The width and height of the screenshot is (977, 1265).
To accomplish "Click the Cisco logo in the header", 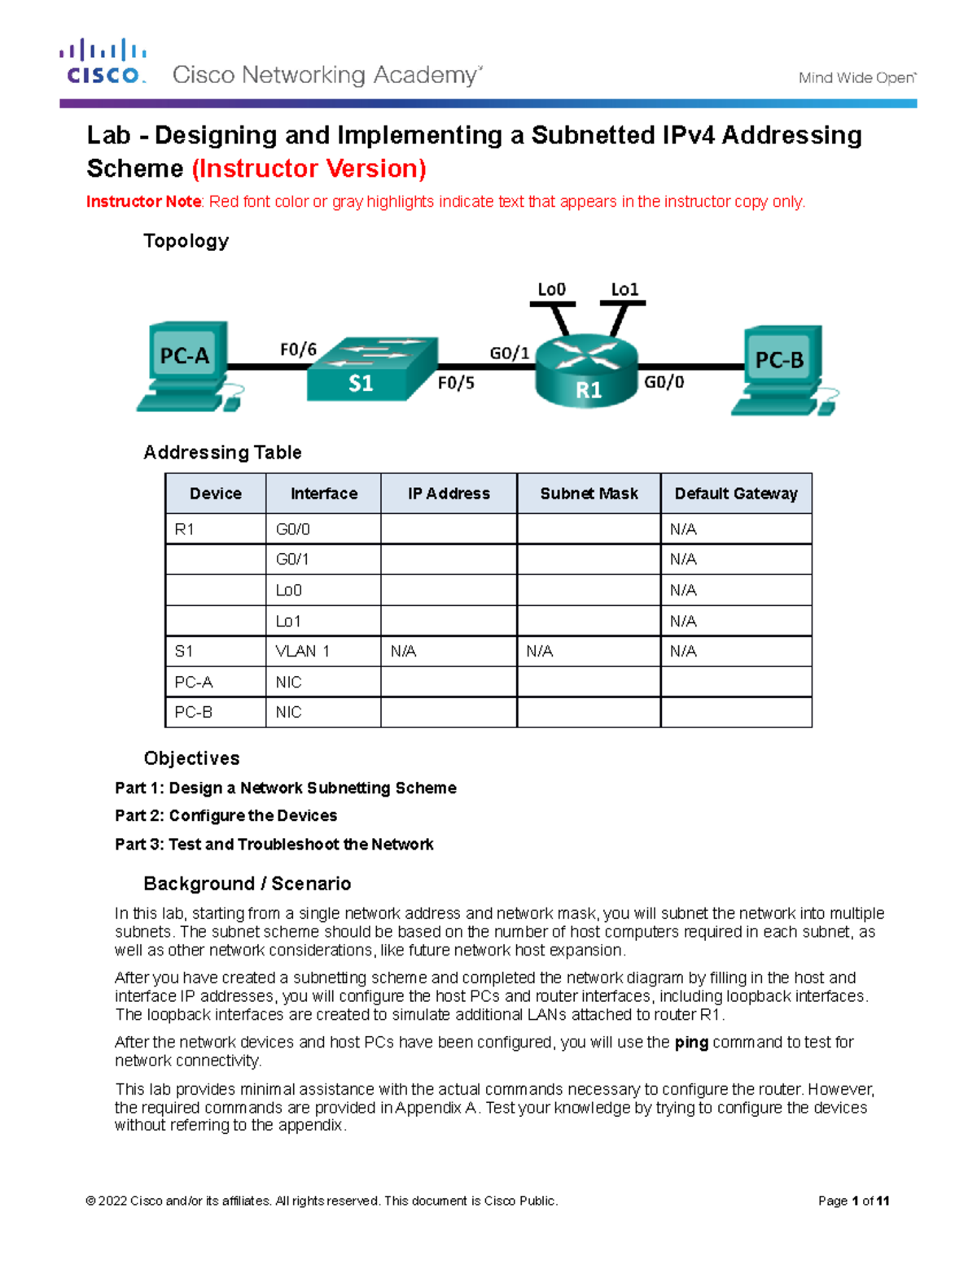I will [x=103, y=62].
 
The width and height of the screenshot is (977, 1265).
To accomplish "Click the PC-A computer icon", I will [x=186, y=366].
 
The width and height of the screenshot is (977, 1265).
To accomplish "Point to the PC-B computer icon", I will [x=781, y=369].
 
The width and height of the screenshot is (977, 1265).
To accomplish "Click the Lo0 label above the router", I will [x=551, y=289].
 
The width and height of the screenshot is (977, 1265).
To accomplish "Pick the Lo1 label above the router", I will [x=624, y=289].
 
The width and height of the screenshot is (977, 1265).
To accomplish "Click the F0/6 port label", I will [x=298, y=349].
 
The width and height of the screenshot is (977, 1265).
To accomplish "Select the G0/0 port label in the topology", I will [x=664, y=382].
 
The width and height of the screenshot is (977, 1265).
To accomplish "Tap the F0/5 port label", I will [x=456, y=383].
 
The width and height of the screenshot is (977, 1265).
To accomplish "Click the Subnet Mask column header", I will [x=589, y=494].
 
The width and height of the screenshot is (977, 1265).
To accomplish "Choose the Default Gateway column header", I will [x=736, y=494].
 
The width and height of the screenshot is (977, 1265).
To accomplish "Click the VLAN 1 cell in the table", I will [x=302, y=651].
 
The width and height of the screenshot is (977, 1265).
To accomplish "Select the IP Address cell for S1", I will [x=403, y=651].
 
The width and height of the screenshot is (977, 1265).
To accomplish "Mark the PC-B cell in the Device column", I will [x=193, y=712].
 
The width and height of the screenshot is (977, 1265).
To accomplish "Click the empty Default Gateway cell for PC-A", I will [x=736, y=682].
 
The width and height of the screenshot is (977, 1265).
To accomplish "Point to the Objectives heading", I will [x=191, y=758].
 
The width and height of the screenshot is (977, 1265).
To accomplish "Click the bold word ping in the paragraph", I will [x=691, y=1043].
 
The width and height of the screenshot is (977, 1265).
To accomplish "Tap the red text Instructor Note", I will [x=144, y=202].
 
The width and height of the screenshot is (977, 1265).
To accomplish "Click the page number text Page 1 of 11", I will [x=853, y=1201].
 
